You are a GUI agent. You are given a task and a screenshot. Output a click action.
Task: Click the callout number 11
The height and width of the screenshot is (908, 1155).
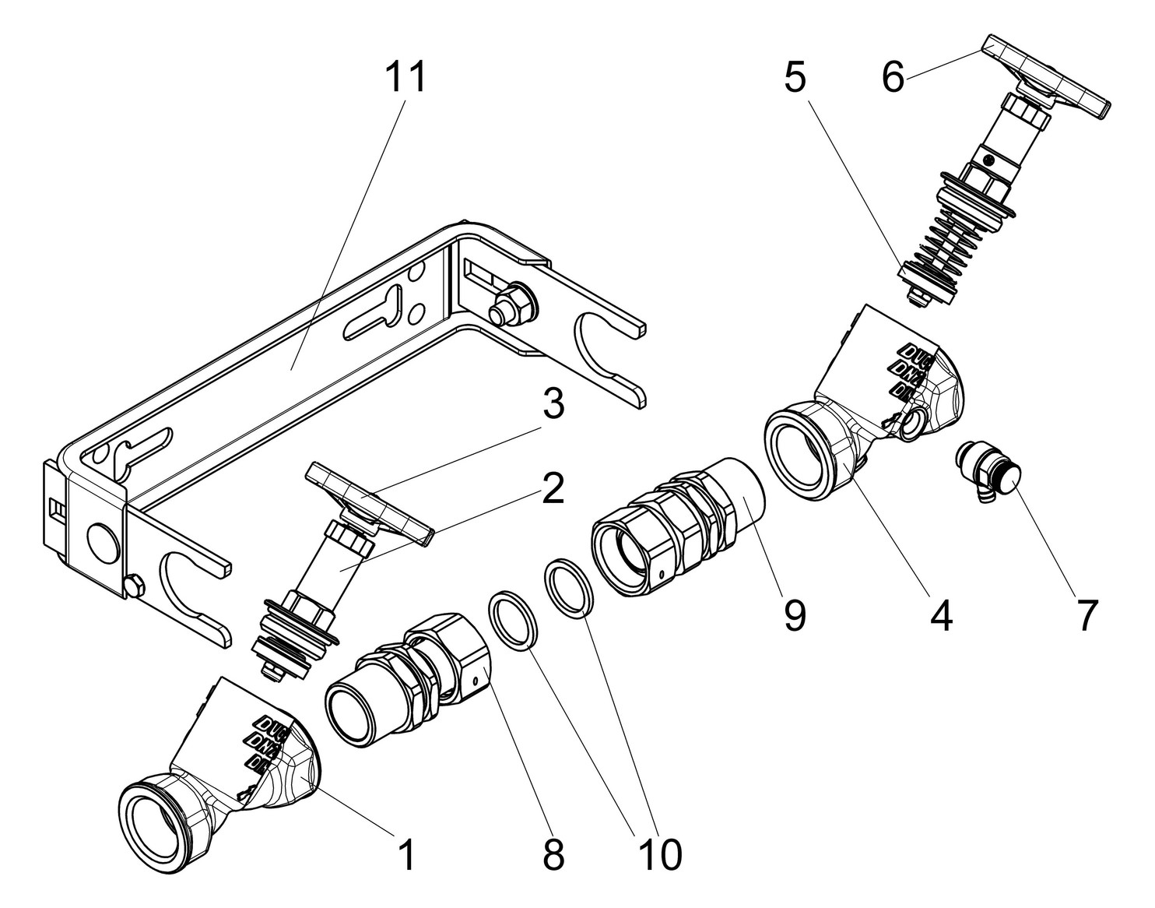[406, 78]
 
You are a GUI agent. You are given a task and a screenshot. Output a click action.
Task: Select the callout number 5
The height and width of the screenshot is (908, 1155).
[795, 78]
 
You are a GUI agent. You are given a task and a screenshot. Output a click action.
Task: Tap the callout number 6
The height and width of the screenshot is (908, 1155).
[893, 78]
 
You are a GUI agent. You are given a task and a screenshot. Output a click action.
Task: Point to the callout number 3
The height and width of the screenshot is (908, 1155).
[553, 406]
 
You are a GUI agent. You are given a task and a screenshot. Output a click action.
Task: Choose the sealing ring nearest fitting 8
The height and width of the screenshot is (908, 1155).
[514, 620]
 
